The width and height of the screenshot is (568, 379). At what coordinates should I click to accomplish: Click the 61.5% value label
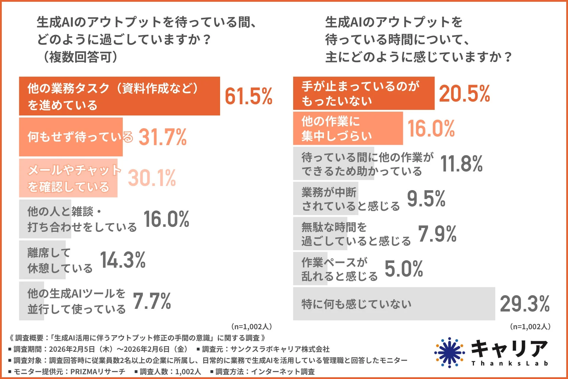(248, 96)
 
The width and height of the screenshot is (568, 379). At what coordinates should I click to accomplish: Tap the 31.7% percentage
(162, 137)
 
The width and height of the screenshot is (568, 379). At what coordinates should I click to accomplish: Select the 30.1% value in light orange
(152, 178)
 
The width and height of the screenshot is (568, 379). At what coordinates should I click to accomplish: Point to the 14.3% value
(123, 260)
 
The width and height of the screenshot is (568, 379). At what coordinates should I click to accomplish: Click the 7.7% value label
(152, 301)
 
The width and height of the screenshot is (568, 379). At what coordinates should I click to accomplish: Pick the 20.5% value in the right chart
(464, 94)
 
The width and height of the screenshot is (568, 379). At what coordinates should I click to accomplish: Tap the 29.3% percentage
(525, 304)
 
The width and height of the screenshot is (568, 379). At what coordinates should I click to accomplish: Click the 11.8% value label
(461, 163)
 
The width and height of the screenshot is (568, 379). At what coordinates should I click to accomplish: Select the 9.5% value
(426, 198)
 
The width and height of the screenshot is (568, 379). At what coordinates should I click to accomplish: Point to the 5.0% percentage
(404, 269)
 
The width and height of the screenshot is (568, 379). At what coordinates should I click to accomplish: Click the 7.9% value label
(437, 234)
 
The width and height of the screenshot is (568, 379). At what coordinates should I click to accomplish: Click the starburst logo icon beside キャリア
(449, 352)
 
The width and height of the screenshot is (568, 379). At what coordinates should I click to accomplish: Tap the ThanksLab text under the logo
(509, 364)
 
